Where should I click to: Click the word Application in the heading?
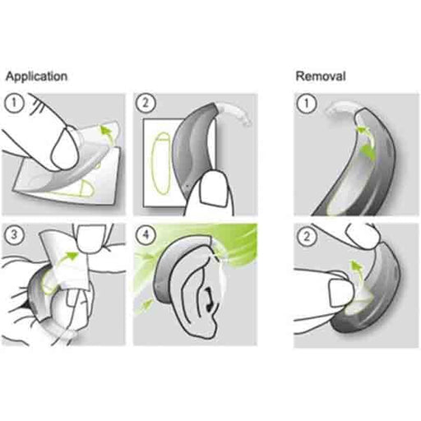click(36, 76)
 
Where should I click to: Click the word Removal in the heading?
click(320, 76)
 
